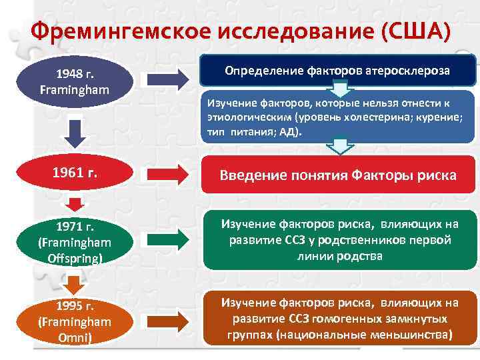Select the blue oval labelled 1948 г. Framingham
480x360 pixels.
(x=75, y=80)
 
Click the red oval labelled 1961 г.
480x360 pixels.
(x=75, y=174)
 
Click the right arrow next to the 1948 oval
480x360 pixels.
(x=167, y=80)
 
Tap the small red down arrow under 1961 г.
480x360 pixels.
(x=75, y=203)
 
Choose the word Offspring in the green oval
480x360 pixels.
(x=75, y=257)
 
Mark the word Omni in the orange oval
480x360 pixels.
(x=75, y=337)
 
